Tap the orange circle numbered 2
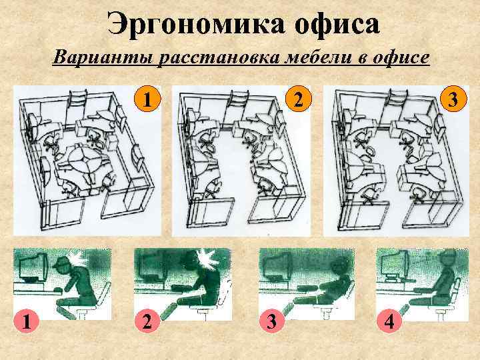pos(301,101)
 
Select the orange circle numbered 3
pos(453,101)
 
